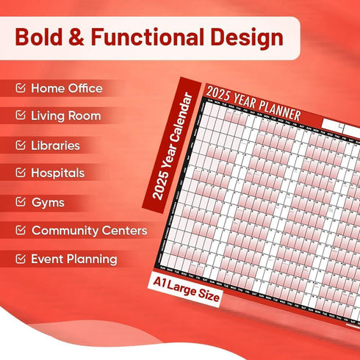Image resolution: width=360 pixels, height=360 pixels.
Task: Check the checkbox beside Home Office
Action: coord(21,89)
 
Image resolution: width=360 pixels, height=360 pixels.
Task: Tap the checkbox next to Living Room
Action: coord(21,116)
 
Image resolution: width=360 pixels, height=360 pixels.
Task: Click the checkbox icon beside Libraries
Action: coord(21,145)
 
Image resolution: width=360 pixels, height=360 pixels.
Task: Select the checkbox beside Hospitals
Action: coord(21,173)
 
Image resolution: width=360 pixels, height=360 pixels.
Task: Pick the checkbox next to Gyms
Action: coord(21,202)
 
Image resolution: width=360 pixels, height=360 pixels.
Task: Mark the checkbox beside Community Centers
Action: coord(21,231)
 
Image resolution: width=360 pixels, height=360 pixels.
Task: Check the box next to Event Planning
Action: coord(21,259)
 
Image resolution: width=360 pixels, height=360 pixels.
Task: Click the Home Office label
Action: coord(66,89)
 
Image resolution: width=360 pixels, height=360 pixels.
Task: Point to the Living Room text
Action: coord(65,116)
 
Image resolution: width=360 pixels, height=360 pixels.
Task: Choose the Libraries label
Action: coord(55,145)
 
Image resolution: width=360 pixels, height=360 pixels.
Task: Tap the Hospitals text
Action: coord(57,173)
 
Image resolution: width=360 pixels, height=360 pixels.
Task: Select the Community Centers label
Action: coord(89,231)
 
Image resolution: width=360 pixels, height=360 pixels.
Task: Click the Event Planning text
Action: coord(73,259)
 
